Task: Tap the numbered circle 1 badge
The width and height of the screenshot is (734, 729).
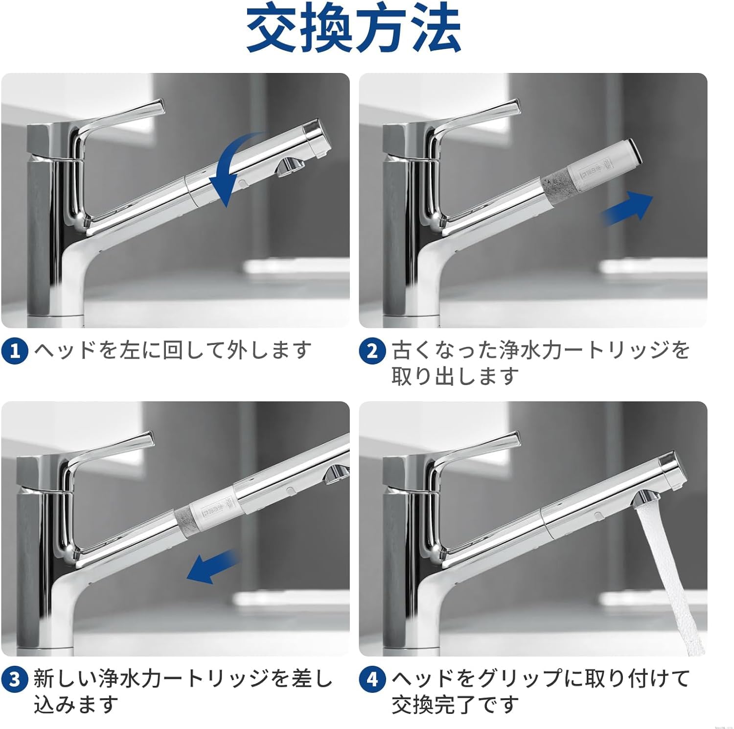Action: point(15,351)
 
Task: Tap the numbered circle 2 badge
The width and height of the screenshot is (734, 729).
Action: point(372,351)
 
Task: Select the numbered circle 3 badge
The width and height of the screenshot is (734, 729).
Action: point(15,680)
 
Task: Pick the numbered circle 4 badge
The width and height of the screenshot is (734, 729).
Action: point(372,680)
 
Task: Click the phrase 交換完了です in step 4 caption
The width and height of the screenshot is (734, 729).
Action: point(455,705)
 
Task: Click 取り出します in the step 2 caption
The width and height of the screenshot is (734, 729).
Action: point(455,376)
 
